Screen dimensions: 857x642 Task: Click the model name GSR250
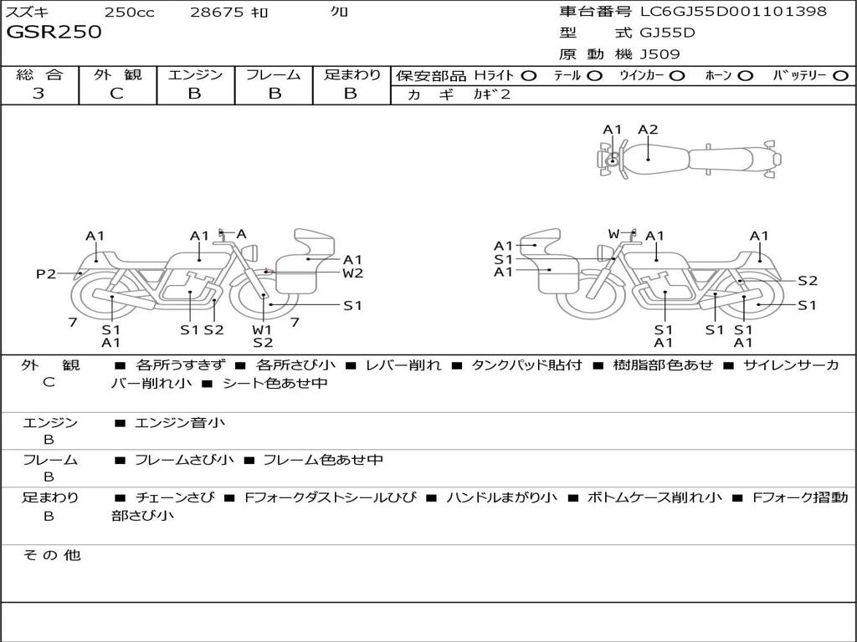54,33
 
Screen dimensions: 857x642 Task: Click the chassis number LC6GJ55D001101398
733,12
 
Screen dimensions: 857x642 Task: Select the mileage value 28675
217,12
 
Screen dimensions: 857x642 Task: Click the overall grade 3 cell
38,94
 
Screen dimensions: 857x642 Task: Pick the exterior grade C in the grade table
117,94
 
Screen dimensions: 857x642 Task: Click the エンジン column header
195,74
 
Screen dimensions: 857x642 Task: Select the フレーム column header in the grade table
274,74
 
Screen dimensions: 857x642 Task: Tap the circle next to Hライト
529,75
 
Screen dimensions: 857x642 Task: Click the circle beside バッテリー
840,75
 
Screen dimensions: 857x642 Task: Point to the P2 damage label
46,273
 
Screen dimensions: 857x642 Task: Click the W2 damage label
352,273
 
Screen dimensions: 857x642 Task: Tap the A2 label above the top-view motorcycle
648,130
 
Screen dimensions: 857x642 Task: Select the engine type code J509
660,54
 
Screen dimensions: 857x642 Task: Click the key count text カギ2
491,94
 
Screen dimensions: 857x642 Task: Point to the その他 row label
51,555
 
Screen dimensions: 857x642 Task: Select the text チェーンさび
175,497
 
